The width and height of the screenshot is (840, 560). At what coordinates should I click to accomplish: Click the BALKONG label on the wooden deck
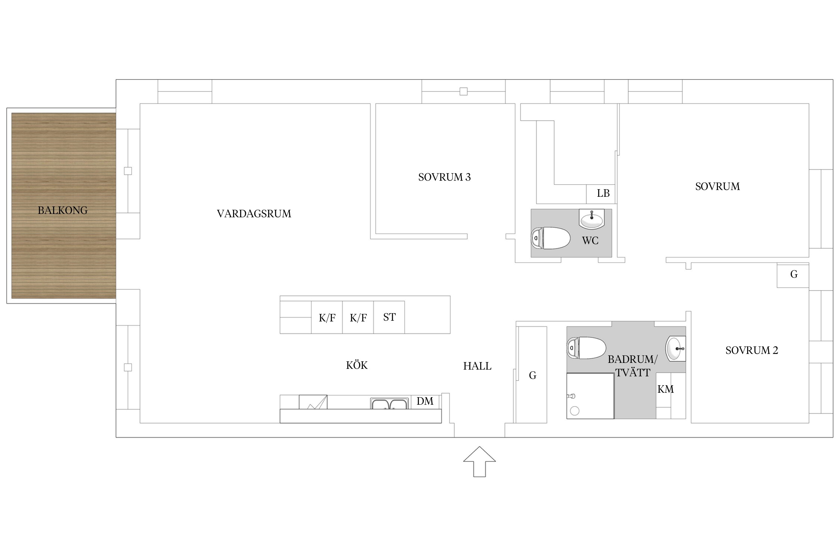coord(63,210)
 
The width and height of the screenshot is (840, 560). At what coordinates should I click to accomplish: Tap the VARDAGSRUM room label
coord(254,214)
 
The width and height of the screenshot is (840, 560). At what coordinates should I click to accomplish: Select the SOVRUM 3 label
coord(444,177)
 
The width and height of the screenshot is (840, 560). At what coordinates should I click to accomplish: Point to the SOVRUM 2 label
coord(752,350)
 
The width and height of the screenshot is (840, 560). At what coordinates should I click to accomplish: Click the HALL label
coord(477,366)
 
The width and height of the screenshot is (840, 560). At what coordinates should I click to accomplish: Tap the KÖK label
coord(357,365)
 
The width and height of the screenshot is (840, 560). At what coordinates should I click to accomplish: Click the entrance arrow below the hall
coord(479,461)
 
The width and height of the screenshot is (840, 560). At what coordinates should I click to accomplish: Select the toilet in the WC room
coord(551,238)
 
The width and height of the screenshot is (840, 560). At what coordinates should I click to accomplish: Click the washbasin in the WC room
coord(591,219)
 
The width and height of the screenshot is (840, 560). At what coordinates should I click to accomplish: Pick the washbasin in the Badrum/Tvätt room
coord(676,348)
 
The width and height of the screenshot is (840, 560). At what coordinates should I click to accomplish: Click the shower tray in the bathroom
coord(590,396)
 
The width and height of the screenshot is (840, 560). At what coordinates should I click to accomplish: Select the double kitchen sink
coord(389,404)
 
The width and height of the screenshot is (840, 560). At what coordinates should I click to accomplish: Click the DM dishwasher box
coord(425,401)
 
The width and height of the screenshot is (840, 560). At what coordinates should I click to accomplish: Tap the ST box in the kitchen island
coord(389,317)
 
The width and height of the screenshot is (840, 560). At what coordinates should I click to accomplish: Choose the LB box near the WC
coord(601,194)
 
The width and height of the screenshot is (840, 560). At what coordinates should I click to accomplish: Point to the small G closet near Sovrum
coord(793,275)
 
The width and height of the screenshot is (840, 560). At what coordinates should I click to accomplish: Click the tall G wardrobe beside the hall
coord(532,375)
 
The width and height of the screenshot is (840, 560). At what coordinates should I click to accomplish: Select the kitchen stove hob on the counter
coord(313,402)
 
